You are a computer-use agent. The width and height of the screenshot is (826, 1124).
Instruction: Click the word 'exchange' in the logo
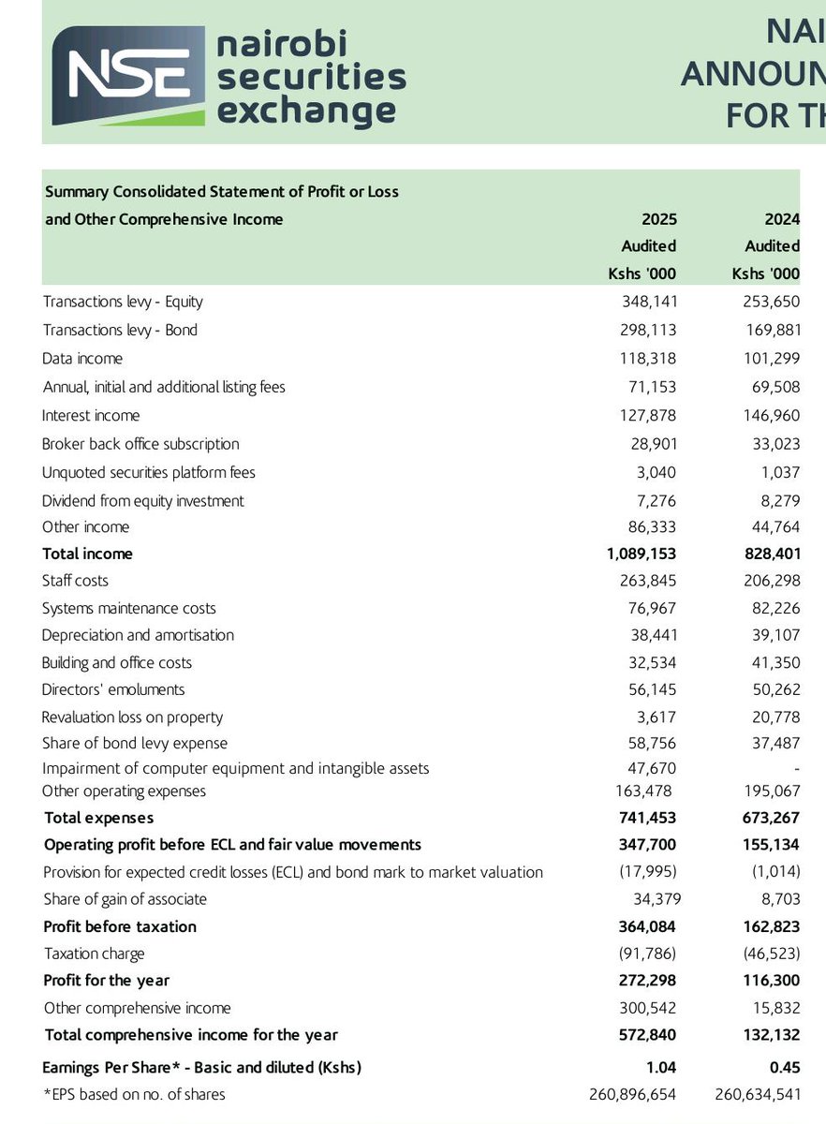(306, 111)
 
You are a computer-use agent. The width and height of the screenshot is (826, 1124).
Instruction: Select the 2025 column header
(658, 219)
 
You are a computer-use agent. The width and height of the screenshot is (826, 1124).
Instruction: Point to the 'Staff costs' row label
(75, 581)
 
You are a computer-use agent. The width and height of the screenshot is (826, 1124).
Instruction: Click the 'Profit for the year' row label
(106, 980)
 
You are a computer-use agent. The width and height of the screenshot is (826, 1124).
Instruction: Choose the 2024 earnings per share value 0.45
(783, 1067)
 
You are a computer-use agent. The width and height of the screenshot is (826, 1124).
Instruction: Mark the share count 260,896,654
(633, 1094)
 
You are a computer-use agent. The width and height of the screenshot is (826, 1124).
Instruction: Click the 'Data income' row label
(82, 358)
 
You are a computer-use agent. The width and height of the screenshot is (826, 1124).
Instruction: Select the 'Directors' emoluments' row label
(113, 689)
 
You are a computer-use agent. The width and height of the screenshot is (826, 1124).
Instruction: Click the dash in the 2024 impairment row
(795, 768)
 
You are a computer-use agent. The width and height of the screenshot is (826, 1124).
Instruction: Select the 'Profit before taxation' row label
(120, 926)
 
